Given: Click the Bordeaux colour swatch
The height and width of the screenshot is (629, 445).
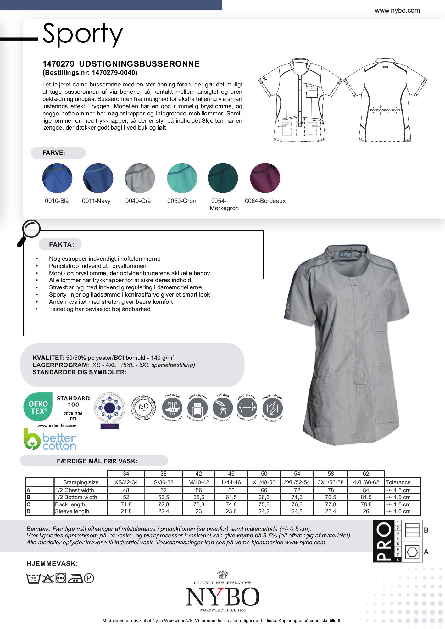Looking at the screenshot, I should [x=265, y=178].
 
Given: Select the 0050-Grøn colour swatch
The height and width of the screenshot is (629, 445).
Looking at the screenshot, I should [x=182, y=178].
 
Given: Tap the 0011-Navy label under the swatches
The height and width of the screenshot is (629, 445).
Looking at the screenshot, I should [x=96, y=201].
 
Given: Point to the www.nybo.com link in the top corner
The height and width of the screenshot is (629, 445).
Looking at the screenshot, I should [x=397, y=10].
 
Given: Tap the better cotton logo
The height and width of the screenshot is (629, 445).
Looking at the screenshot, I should [x=50, y=439].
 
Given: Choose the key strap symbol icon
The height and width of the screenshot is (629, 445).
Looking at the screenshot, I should [x=223, y=408].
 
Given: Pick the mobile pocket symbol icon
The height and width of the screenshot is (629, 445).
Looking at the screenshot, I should [x=197, y=408].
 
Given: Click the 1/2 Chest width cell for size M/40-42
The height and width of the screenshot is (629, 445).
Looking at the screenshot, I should [x=198, y=490].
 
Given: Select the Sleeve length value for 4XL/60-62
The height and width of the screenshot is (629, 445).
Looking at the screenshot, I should [x=366, y=511].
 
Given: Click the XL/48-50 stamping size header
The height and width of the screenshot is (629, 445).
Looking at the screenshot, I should [x=264, y=482].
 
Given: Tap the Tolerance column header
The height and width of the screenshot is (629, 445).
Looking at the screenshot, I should [x=398, y=482].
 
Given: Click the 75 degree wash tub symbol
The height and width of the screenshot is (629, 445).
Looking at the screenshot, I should [x=33, y=578].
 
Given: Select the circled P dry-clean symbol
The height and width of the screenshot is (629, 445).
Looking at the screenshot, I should [x=89, y=578].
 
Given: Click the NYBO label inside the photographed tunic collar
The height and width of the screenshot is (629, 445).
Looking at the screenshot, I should [x=346, y=254].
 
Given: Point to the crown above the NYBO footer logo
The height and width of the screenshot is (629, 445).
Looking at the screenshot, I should [x=222, y=575].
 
